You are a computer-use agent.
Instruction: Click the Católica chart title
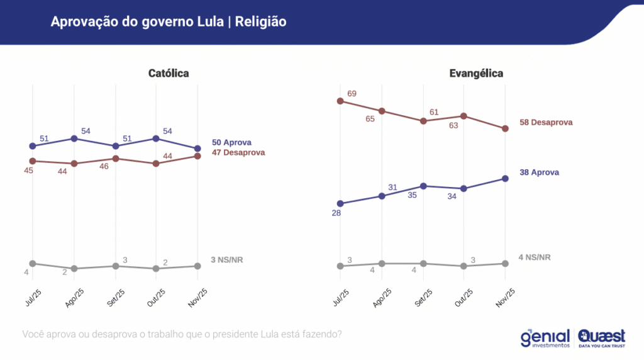(x=169, y=74)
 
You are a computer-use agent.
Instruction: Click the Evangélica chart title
(x=476, y=74)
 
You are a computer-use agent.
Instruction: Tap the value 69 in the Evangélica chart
(x=352, y=94)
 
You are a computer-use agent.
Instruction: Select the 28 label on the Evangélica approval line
(x=336, y=214)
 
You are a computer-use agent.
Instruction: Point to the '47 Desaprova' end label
(x=238, y=152)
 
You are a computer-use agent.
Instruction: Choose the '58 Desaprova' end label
(x=546, y=122)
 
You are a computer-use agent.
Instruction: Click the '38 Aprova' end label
(x=540, y=172)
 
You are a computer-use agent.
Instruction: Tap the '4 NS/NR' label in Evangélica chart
(x=535, y=257)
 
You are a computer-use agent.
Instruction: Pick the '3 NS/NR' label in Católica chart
(x=226, y=259)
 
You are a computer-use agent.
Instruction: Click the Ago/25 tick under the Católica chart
(x=74, y=295)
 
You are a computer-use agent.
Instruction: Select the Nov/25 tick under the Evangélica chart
(x=506, y=295)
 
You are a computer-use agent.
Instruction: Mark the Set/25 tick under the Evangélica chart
(x=424, y=295)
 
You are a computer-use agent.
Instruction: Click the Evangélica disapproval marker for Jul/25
(x=340, y=101)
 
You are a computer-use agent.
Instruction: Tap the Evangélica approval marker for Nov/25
(x=506, y=179)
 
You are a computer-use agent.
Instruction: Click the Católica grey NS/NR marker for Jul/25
(x=33, y=264)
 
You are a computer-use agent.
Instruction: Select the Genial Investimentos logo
(x=545, y=338)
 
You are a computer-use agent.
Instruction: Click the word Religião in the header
(x=260, y=22)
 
